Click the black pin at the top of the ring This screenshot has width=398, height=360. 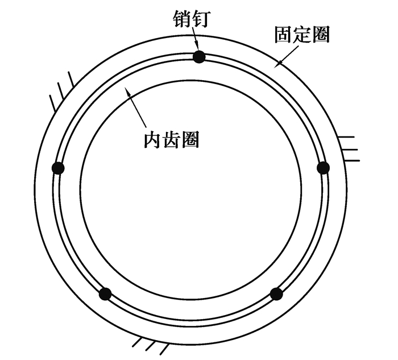tap(199, 57)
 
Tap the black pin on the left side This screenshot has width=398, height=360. tap(58, 168)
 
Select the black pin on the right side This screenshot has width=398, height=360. tap(324, 168)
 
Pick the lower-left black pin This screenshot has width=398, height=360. tap(105, 294)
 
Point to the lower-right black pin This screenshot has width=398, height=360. tap(276, 294)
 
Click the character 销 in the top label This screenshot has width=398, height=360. tap(183, 19)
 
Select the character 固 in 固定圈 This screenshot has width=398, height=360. tap(284, 34)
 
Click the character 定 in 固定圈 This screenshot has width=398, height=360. tap(302, 34)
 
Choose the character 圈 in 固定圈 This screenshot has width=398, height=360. tap(321, 34)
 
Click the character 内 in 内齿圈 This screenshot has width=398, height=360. tap(153, 140)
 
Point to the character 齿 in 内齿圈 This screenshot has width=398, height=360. tap(171, 140)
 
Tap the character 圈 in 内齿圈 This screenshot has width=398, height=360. tap(190, 140)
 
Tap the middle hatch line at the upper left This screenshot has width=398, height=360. tap(61, 91)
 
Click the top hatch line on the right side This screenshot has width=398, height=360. tap(346, 137)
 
